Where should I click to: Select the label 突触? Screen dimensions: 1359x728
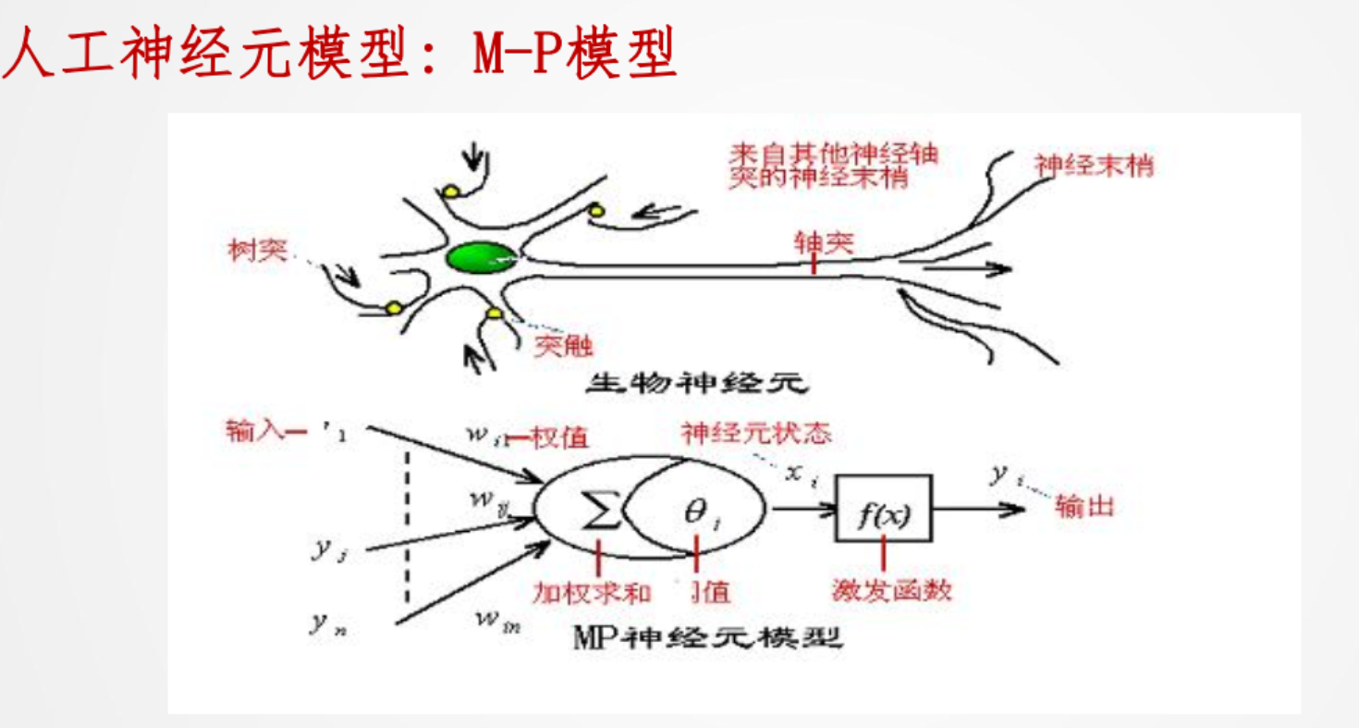coord(562,346)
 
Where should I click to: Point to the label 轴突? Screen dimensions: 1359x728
coord(818,241)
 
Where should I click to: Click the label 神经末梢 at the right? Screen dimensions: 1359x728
coord(1096,167)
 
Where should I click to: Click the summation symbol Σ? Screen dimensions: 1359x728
coord(600,511)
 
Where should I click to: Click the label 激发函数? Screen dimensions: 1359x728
coord(891,589)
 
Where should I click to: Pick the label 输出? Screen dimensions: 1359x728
coord(1084,507)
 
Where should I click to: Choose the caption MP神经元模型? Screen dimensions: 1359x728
coord(707,637)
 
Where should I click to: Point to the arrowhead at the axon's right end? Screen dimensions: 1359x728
coord(1000,269)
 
